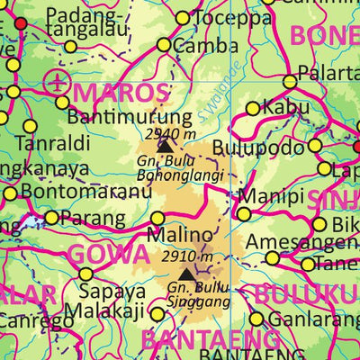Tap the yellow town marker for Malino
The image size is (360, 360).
coord(158,218)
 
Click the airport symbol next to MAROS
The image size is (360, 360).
coord(58,83)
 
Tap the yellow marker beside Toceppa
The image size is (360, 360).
coord(184,18)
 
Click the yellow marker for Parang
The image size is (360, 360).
coord(51,217)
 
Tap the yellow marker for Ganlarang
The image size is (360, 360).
coord(256,319)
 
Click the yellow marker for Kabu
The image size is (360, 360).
coord(253,109)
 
